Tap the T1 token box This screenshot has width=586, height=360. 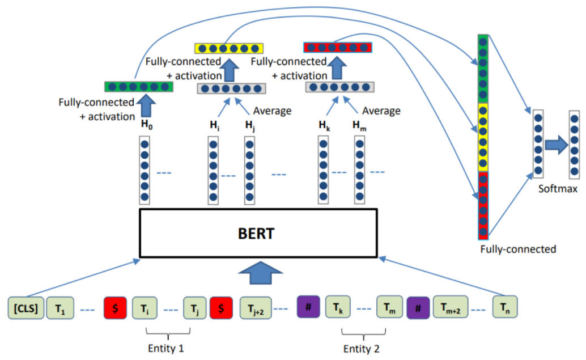pos(60,308)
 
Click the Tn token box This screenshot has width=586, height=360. pos(504,308)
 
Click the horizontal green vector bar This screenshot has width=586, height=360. pos(139,87)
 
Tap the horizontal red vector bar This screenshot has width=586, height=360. pos(338,48)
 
